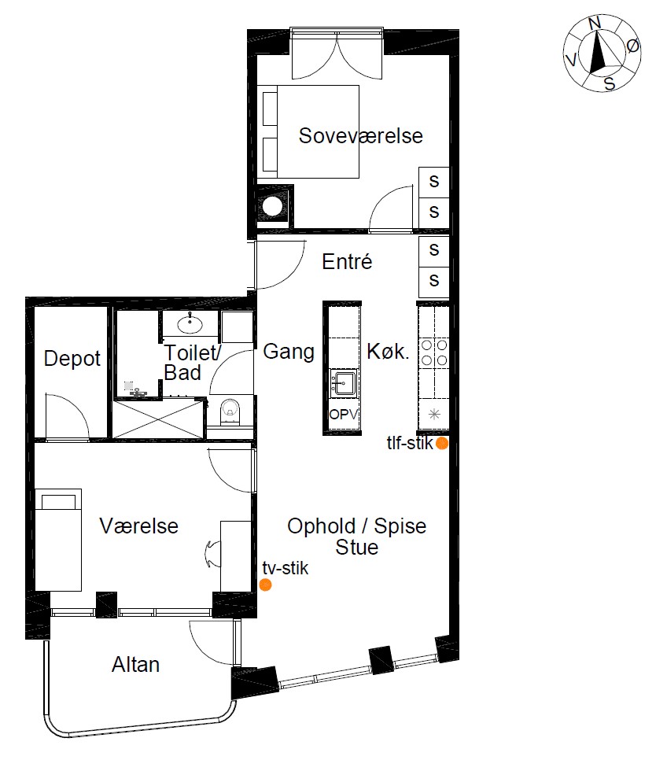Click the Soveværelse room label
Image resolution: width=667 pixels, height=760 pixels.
361,135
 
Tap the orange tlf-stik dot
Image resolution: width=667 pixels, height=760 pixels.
441,443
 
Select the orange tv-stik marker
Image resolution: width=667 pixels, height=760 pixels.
265,585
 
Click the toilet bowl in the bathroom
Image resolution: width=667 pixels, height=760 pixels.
230,411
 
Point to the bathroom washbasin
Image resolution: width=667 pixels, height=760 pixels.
190,323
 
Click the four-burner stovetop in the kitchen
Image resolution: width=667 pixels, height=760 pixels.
434,352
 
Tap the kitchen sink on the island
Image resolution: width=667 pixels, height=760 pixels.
344,383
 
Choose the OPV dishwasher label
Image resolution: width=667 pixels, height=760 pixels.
343,415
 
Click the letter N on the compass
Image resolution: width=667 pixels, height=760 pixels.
595,24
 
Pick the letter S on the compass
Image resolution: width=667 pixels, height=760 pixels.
610,84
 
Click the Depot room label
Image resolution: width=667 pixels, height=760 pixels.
72,359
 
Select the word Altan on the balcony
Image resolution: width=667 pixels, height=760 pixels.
136,665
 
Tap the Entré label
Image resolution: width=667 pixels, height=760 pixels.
347,262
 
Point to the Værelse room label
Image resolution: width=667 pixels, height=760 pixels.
139,526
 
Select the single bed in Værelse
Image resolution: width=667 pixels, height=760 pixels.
58,540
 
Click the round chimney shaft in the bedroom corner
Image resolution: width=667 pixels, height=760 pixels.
272,206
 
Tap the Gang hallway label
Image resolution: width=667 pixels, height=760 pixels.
289,352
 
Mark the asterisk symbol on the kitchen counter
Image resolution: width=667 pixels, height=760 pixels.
434,415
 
